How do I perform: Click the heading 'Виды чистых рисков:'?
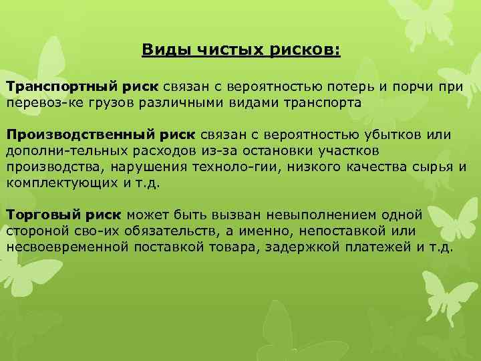241,50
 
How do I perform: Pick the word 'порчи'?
422,87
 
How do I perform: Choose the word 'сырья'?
433,167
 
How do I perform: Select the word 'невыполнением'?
313,215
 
